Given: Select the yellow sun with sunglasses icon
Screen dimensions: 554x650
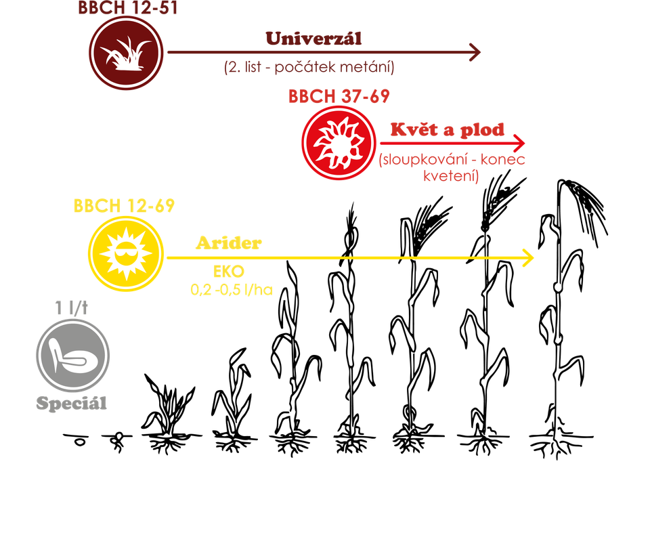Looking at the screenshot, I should click(x=126, y=254).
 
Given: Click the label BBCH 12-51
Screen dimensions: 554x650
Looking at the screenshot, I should click(x=127, y=8).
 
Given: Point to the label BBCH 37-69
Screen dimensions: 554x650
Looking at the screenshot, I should click(x=339, y=96).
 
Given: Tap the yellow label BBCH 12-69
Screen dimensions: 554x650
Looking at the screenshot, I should click(x=124, y=206).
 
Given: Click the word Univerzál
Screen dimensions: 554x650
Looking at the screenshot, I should click(x=314, y=39).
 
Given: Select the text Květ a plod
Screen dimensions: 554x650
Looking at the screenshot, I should click(x=447, y=130).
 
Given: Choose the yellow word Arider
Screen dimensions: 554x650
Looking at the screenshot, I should click(x=229, y=243).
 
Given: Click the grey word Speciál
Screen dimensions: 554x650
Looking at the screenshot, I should click(x=72, y=404).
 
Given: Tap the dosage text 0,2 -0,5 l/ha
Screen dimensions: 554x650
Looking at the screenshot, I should click(x=231, y=291).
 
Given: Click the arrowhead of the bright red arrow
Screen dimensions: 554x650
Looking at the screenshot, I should click(x=520, y=144).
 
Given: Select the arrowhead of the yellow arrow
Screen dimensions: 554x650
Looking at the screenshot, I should click(x=528, y=258).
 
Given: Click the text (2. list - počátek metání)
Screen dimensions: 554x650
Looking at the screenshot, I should click(x=309, y=67).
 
